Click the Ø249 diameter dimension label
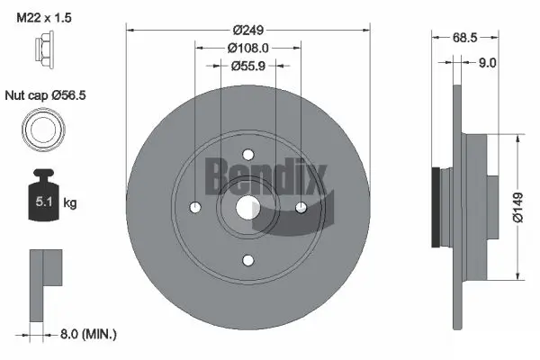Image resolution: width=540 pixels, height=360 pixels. pyautogui.click(x=248, y=29)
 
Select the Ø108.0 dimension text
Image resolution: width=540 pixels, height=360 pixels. pyautogui.click(x=248, y=47)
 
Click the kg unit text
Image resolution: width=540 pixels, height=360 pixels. pyautogui.click(x=70, y=204)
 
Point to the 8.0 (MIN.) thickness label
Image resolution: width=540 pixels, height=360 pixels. pyautogui.click(x=86, y=334)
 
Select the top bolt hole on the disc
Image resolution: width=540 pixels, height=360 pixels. pyautogui.click(x=248, y=154)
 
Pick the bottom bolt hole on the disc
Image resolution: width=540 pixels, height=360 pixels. pyautogui.click(x=248, y=260)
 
